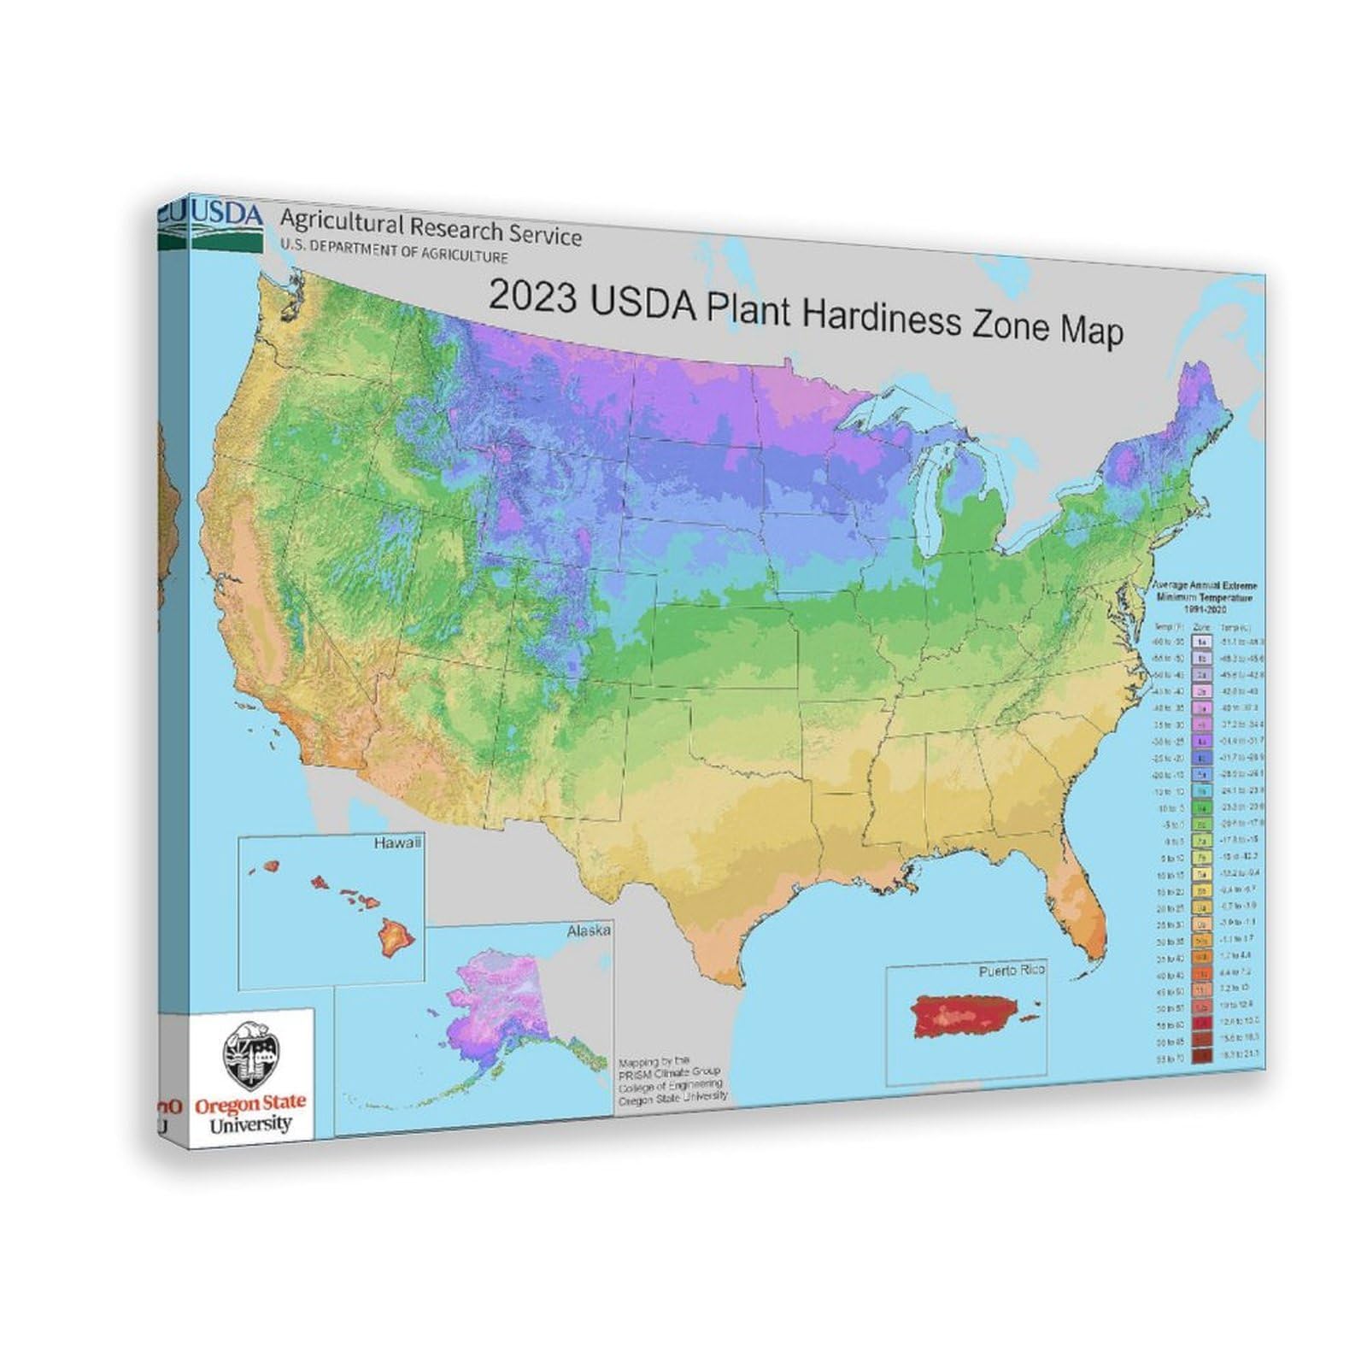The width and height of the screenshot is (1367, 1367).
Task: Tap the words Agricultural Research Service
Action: click(431, 227)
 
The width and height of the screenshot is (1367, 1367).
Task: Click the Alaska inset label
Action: click(589, 930)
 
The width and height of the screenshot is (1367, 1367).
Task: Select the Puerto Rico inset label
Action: click(1012, 971)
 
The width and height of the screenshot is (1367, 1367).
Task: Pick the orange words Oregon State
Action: click(249, 1105)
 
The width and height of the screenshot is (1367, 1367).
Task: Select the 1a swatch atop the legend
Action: click(1202, 641)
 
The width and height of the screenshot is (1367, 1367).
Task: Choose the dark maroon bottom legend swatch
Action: click(1202, 1056)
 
